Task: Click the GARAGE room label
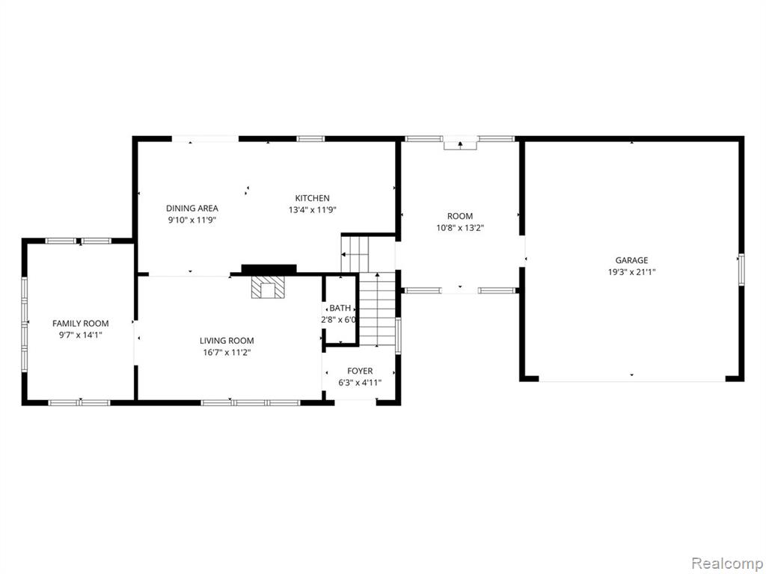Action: [x=631, y=261]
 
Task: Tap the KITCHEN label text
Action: [x=312, y=198]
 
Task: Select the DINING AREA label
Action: [x=192, y=209]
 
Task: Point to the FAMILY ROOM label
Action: [x=81, y=324]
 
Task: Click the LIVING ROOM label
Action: [x=227, y=341]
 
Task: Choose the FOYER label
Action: [x=360, y=371]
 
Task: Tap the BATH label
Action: [x=340, y=309]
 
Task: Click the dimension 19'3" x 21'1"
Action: [x=631, y=272]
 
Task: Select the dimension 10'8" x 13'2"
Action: [x=460, y=228]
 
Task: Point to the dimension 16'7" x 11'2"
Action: [x=227, y=353]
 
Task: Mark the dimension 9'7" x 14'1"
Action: [x=81, y=336]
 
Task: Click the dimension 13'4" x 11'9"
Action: [x=313, y=210]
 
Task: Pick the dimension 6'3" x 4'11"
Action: [x=360, y=383]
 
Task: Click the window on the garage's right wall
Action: [x=741, y=269]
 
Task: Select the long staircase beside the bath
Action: [x=377, y=309]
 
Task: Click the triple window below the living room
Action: [x=251, y=403]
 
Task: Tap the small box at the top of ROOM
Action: [x=460, y=145]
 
